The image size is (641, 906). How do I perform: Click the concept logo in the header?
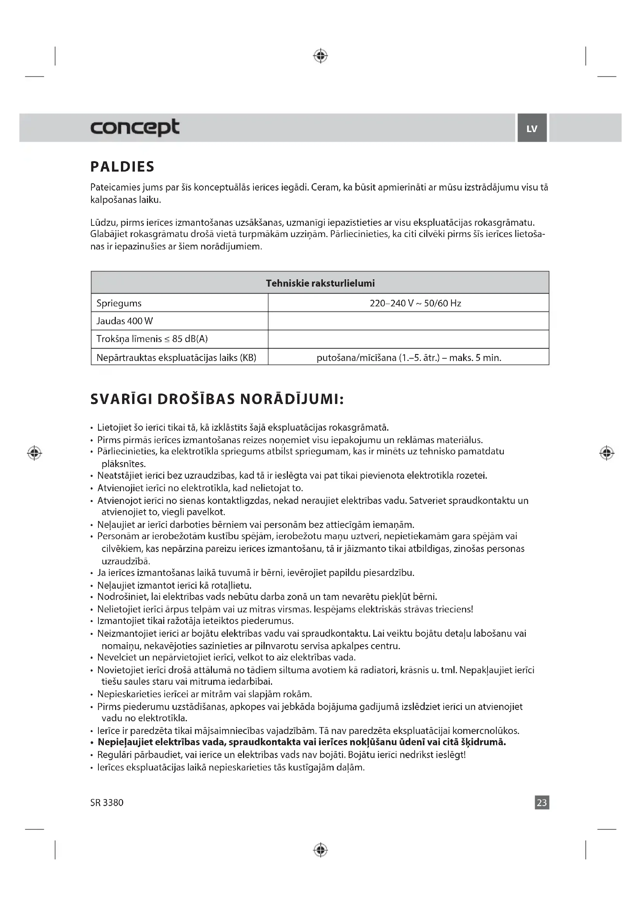pos(134,127)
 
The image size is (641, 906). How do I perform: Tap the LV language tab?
pos(532,128)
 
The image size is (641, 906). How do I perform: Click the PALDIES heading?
pos(122,167)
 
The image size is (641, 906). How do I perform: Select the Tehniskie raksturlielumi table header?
pos(320,283)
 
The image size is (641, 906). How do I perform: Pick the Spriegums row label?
pos(119,303)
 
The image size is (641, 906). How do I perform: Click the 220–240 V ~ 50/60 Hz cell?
pos(415,303)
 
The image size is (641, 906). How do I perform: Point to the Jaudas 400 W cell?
pos(125,321)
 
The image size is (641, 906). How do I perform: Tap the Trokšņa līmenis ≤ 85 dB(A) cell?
pos(152,339)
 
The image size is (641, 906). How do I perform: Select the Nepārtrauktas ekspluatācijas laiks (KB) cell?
pos(176,358)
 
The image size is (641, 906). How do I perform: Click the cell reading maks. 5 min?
pos(409,358)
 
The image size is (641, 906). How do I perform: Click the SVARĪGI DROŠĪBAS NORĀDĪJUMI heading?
pos(217,399)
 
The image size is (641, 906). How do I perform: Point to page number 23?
pos(542,802)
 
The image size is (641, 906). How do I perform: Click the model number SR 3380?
pos(107,803)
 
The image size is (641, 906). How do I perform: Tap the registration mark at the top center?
pos(320,56)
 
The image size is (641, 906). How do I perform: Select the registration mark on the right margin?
pos(607,453)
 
